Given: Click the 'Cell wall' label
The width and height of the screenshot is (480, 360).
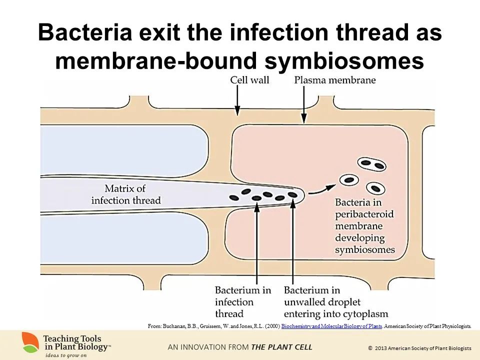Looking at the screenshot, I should (249, 80).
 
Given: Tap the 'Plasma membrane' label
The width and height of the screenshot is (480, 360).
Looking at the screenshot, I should (334, 80).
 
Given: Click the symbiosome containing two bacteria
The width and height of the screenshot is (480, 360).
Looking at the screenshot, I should (371, 163).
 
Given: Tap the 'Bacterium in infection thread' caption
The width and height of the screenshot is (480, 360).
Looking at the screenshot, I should (243, 301).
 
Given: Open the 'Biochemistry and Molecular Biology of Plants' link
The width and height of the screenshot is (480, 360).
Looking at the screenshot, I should (332, 326).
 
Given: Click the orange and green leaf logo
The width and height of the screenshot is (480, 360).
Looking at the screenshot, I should (30, 342).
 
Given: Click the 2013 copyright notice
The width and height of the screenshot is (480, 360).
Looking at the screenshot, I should (419, 347).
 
